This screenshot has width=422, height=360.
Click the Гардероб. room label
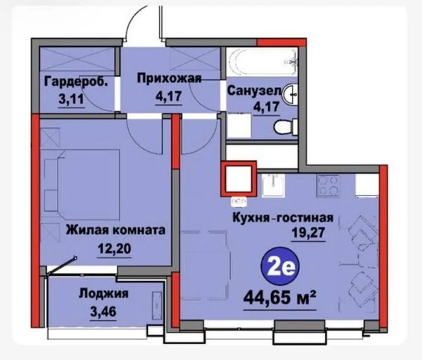[x=76, y=82]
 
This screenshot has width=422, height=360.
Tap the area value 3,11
[x=71, y=99]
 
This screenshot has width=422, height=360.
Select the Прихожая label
[x=170, y=78]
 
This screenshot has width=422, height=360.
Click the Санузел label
[x=254, y=91]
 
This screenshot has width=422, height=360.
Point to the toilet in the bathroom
[x=286, y=127]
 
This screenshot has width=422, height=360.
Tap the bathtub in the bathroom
[x=262, y=62]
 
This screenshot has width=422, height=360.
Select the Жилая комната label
[x=116, y=230]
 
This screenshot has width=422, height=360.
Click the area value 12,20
[x=115, y=248]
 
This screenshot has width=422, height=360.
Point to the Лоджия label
[x=103, y=293]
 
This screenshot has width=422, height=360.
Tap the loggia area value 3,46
[x=103, y=311]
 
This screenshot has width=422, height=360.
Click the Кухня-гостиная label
[x=283, y=217]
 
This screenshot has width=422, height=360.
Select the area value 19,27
[x=309, y=233]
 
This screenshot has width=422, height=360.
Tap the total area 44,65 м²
[x=280, y=298]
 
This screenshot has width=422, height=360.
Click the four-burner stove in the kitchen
[x=328, y=185]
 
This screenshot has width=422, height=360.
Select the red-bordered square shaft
[x=238, y=179]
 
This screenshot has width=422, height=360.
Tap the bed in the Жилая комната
[x=82, y=185]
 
